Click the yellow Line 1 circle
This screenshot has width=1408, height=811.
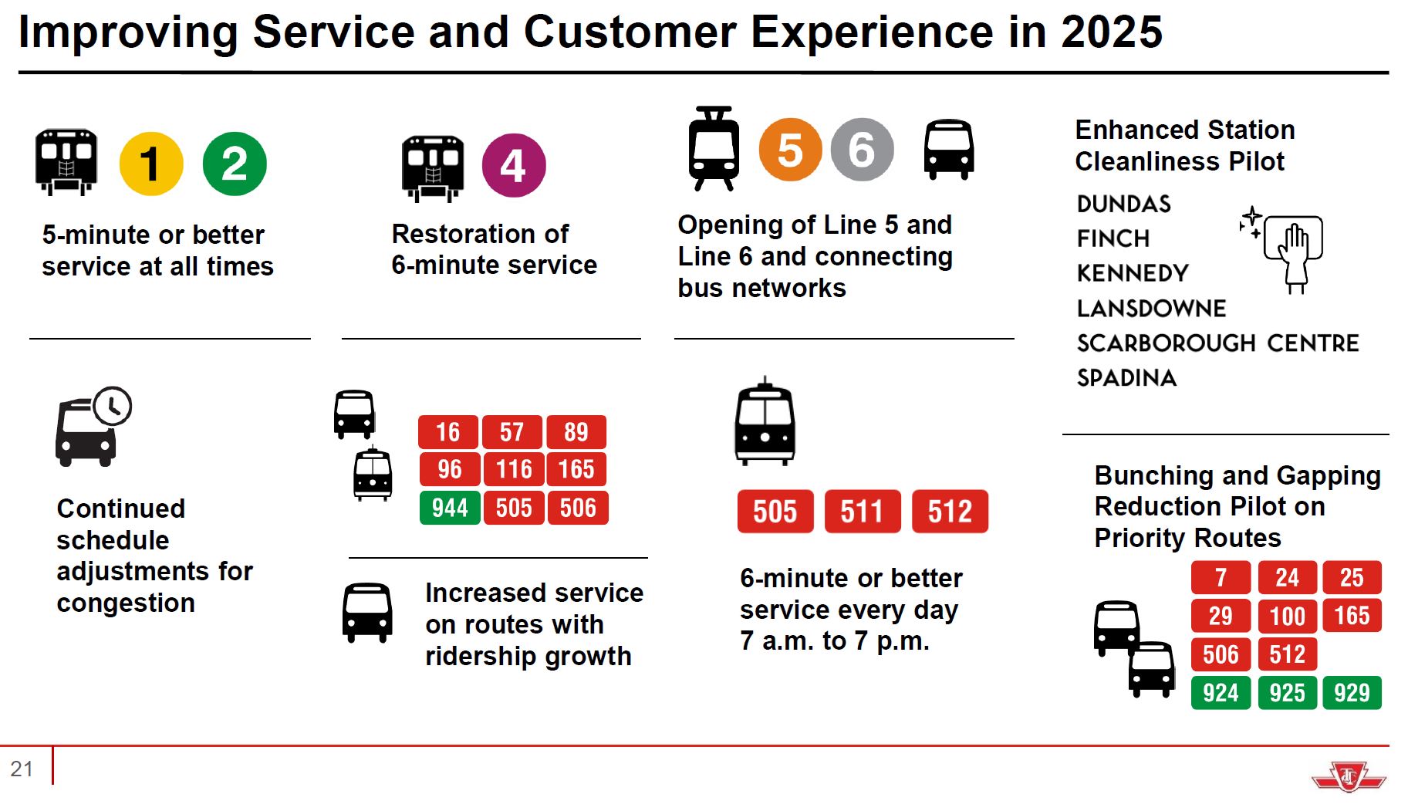coord(151,164)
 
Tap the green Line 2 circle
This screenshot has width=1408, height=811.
coord(235,164)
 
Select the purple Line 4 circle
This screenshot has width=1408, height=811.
coord(514,165)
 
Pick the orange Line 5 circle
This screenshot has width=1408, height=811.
coord(790,150)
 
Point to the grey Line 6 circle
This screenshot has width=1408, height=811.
coord(862,150)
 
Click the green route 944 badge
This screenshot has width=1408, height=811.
coord(450,508)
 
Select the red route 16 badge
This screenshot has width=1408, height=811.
coord(448,432)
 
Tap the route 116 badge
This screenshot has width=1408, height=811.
coord(513,469)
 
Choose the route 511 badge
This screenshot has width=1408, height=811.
coord(862,512)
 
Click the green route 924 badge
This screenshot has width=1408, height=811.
coord(1220,693)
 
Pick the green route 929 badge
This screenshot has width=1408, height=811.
coord(1352,693)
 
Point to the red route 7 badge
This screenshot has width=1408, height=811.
coord(1220,577)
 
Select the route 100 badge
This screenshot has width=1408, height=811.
coord(1287,616)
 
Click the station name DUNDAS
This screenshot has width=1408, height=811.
coord(1123,204)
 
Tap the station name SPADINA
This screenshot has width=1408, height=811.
coord(1126,378)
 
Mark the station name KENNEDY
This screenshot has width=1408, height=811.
coord(1133,273)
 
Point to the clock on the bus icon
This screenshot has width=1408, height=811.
coord(113,406)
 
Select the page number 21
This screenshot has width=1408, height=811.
coord(22,769)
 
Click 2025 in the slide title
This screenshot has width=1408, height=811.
coord(1111,32)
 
